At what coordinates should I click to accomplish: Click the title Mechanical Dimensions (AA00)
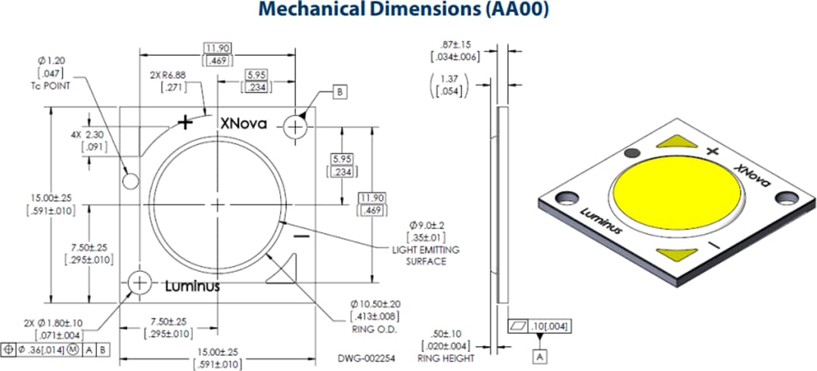click(x=402, y=10)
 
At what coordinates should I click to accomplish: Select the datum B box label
click(x=340, y=92)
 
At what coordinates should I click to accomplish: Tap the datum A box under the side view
click(x=540, y=354)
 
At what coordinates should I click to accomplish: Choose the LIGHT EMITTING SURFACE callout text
click(x=425, y=255)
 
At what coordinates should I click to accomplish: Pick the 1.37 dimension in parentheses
click(x=450, y=85)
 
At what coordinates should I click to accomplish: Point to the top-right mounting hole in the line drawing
click(x=295, y=128)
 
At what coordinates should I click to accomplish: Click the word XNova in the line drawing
click(x=243, y=123)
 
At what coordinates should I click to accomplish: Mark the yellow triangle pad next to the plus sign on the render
click(x=676, y=141)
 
